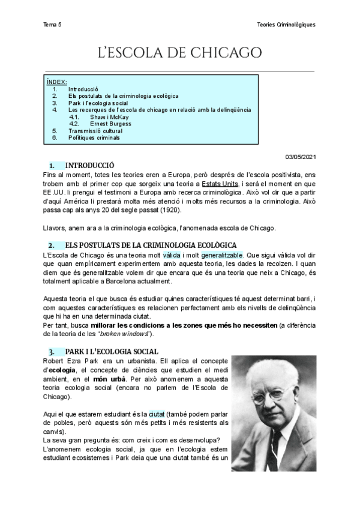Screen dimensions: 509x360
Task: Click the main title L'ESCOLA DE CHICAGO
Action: point(180,53)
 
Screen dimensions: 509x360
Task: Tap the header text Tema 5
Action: point(52,25)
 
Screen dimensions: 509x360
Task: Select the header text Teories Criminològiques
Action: point(285,25)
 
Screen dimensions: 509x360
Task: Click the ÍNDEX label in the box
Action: point(57,82)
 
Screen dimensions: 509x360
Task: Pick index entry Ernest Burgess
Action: point(107,124)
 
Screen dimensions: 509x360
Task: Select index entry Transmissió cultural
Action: point(95,131)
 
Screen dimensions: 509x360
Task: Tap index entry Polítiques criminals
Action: point(94,137)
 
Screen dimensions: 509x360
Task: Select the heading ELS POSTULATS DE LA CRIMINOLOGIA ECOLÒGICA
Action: point(151,245)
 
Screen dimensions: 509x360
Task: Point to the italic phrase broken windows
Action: point(134,333)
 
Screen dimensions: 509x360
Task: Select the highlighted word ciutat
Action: point(157,415)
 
